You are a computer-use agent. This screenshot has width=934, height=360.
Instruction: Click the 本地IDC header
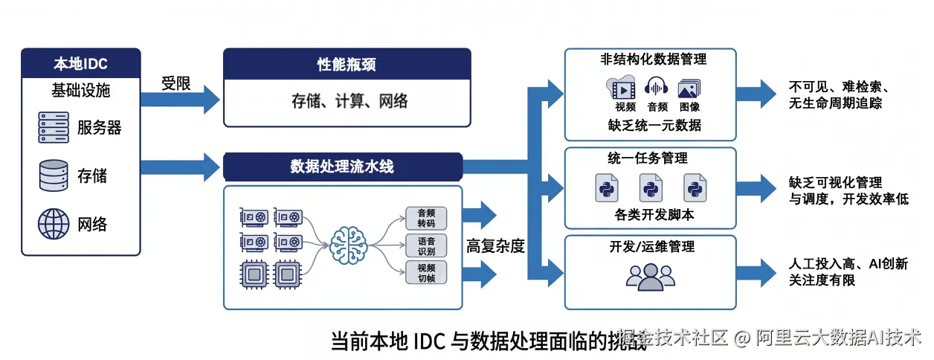pos(80,62)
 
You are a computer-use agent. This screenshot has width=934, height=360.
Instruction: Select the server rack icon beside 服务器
pos(54,128)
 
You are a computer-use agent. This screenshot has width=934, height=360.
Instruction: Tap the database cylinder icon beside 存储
pos(54,176)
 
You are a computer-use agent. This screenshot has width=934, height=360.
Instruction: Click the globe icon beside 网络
pos(54,223)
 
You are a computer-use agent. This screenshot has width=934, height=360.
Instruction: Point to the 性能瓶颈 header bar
pos(347,64)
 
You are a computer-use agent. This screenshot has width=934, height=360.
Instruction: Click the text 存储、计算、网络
pos(347,100)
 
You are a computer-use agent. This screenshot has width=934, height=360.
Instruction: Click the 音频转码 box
pos(426,218)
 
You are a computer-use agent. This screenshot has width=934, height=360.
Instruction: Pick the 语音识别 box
pos(426,245)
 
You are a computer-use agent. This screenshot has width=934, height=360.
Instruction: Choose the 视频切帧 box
pos(426,272)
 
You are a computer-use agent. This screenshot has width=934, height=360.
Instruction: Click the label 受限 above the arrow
pos(176,83)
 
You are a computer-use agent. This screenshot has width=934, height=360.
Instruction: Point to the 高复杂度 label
pos(495,246)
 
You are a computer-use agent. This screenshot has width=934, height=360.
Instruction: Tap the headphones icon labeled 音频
pos(657,88)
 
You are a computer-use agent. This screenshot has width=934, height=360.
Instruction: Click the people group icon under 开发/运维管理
pos(650,276)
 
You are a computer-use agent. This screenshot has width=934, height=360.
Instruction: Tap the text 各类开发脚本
pos(650,216)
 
